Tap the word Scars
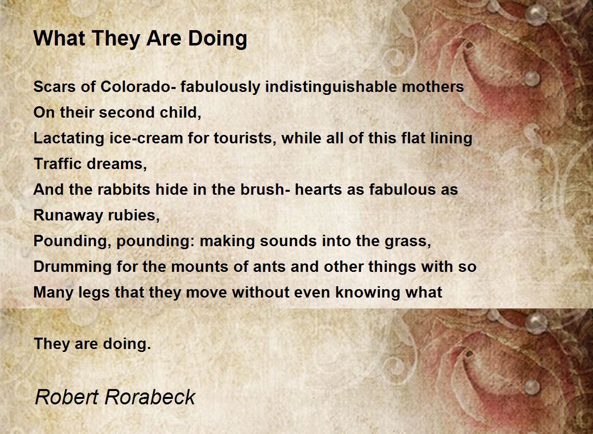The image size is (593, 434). (54, 87)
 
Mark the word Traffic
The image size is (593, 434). (58, 164)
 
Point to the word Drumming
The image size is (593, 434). (73, 267)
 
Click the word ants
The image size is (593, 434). (269, 267)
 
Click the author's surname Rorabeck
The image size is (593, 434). (150, 397)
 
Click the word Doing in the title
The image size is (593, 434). (217, 39)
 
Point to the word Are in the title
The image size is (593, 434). (164, 39)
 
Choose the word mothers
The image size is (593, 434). (433, 87)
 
